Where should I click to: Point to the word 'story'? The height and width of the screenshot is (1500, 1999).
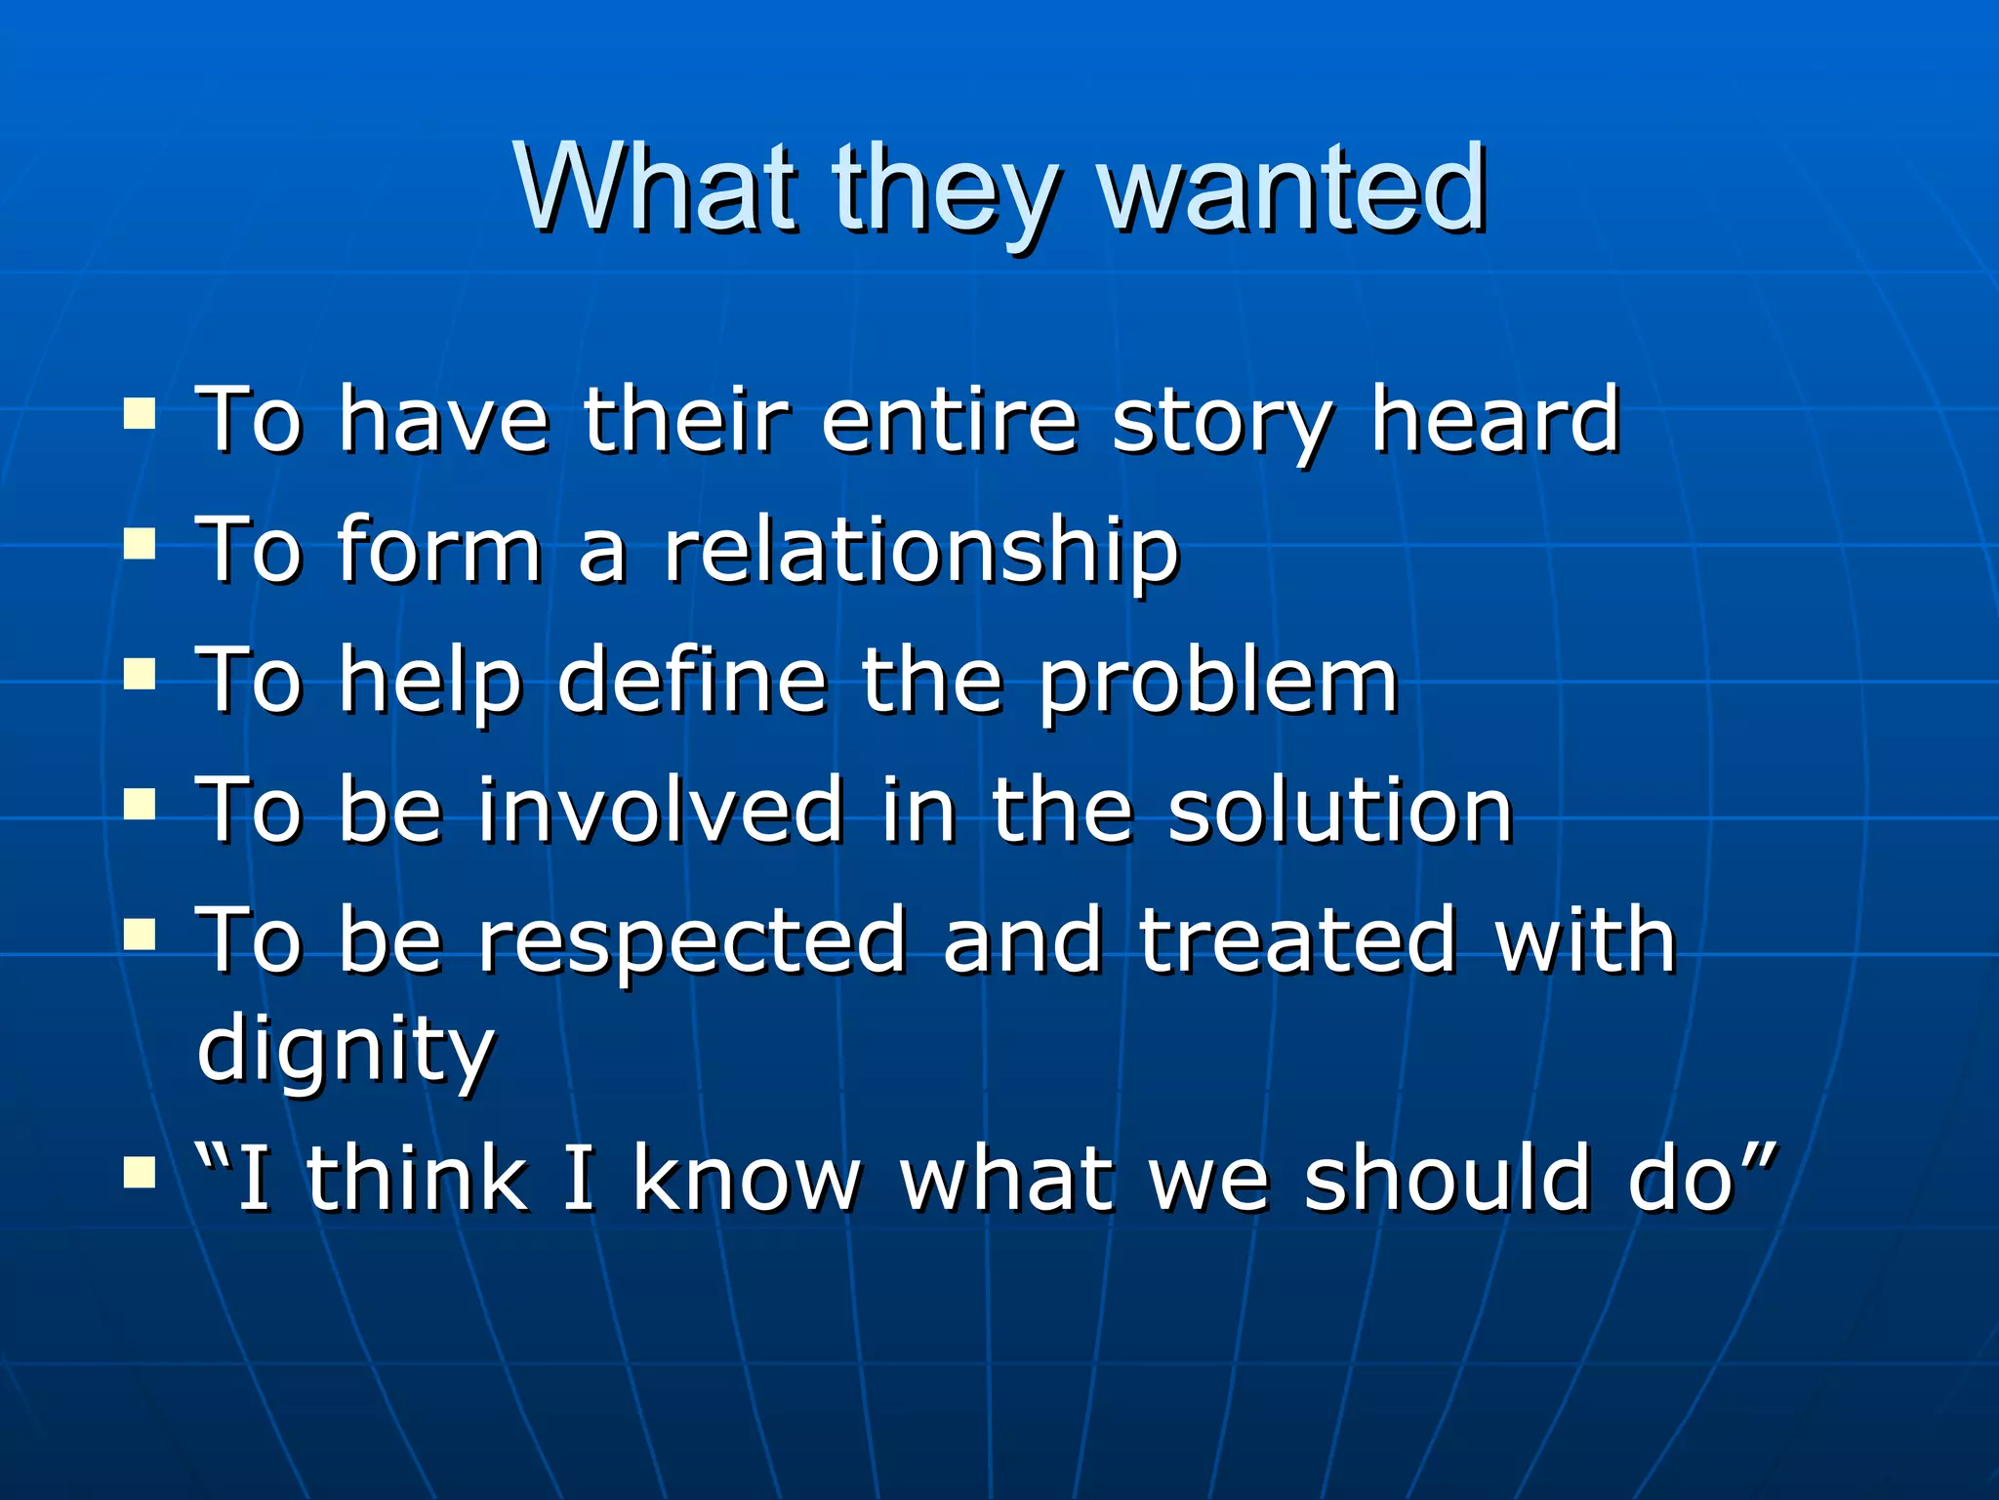pyautogui.click(x=1221, y=423)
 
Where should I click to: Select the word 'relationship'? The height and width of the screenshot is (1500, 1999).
pyautogui.click(x=921, y=552)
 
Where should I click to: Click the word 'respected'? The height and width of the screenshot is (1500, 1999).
pyautogui.click(x=692, y=941)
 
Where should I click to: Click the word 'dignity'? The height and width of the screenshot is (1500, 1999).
pyautogui.click(x=346, y=1051)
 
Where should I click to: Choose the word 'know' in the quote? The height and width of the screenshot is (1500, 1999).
pyautogui.click(x=747, y=1179)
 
